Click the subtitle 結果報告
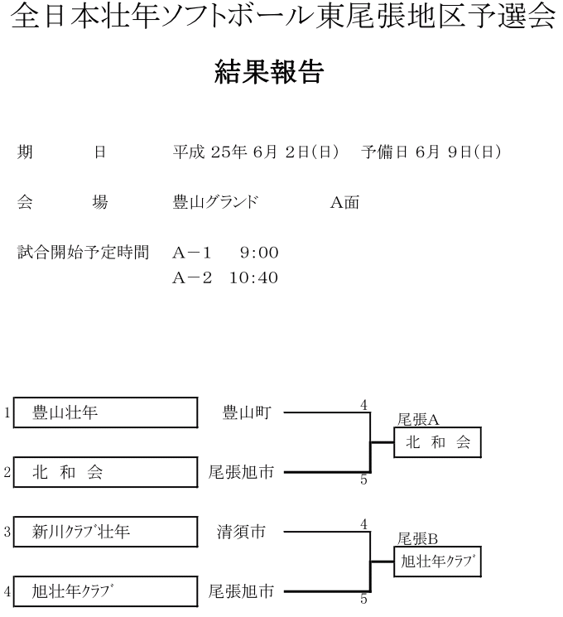(269, 73)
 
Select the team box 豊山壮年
(105, 412)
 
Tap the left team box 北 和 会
(105, 473)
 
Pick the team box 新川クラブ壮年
(105, 532)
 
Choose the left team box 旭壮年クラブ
(105, 591)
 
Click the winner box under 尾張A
(437, 443)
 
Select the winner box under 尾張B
(437, 562)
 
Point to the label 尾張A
(418, 420)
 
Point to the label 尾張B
(418, 539)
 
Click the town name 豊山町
(246, 412)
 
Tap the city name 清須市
(241, 532)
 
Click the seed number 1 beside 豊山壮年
(7, 412)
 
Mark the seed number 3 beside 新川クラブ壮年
(7, 532)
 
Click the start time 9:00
(259, 253)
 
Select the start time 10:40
(253, 278)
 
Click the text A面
(345, 202)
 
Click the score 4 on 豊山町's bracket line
(363, 404)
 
